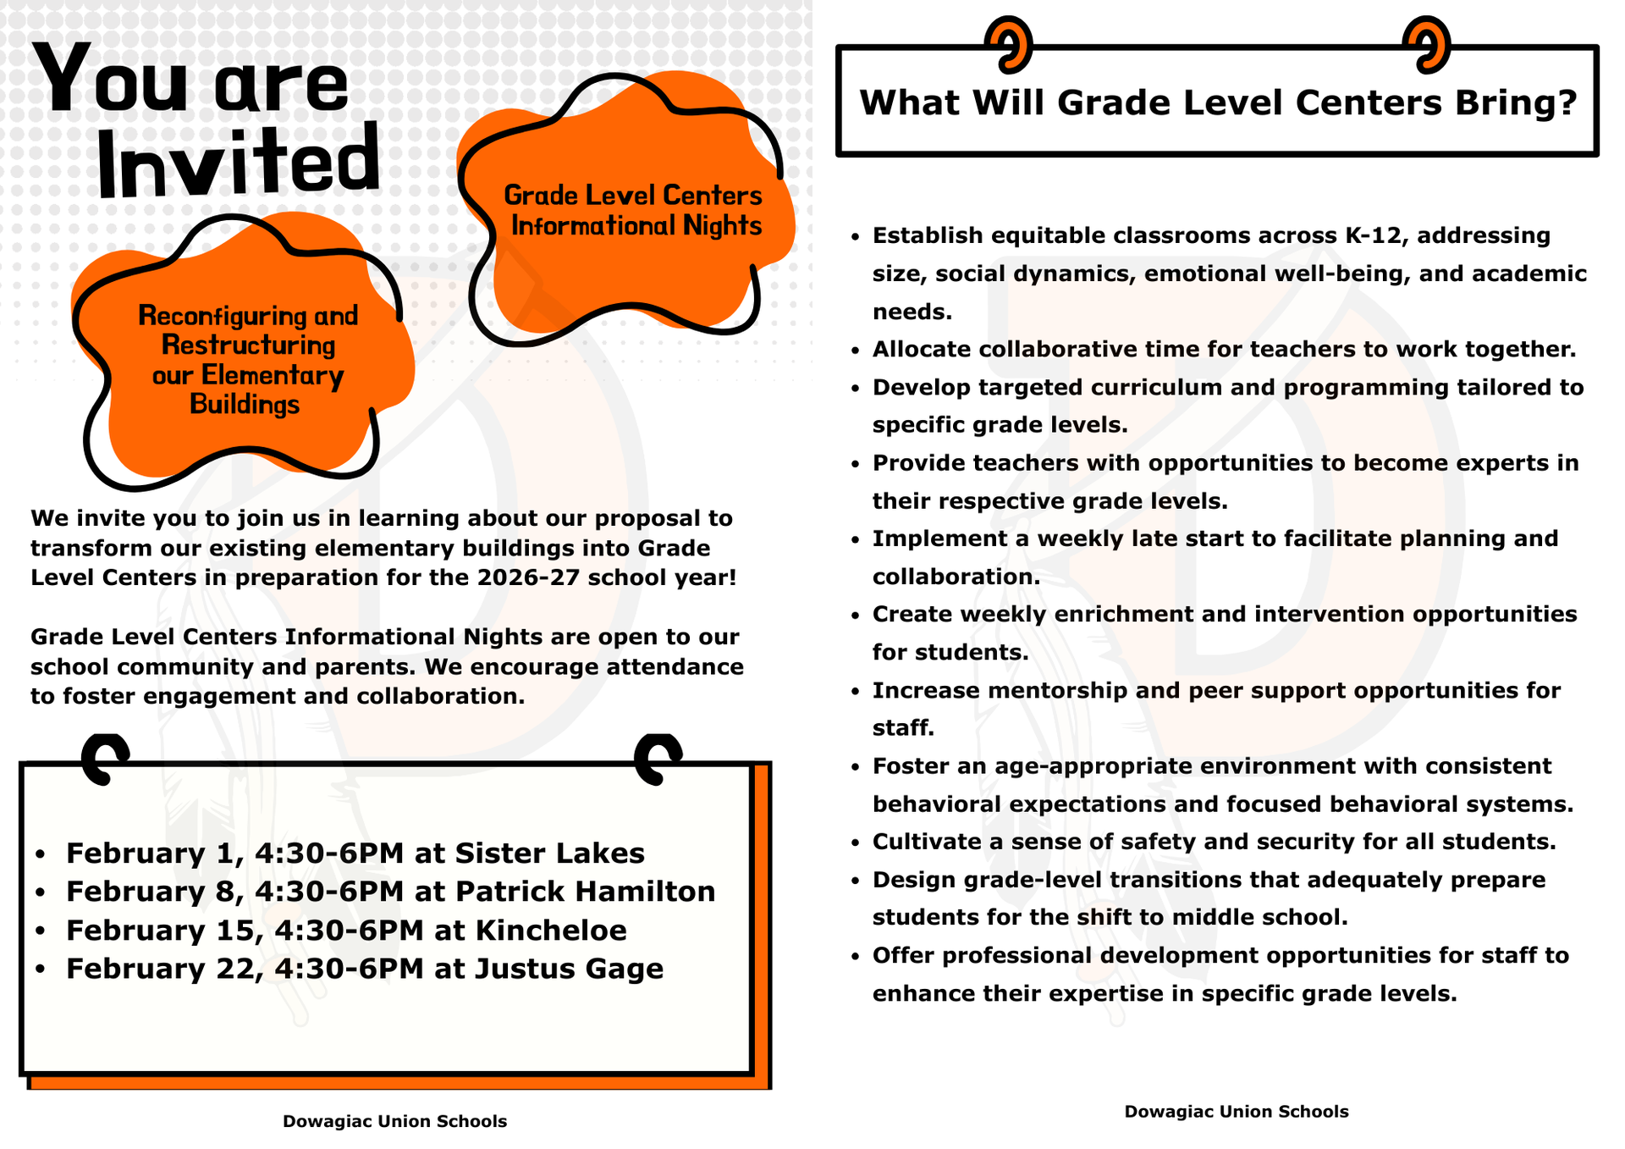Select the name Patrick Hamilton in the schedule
point(585,892)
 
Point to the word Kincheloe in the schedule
point(551,931)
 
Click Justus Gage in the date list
point(569,969)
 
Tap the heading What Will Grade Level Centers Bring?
point(1218,102)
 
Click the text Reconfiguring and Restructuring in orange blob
point(248,330)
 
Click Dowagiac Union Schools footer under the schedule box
point(394,1121)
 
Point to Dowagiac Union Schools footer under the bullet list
point(1236,1111)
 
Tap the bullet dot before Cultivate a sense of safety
point(856,843)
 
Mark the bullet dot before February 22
point(40,970)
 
